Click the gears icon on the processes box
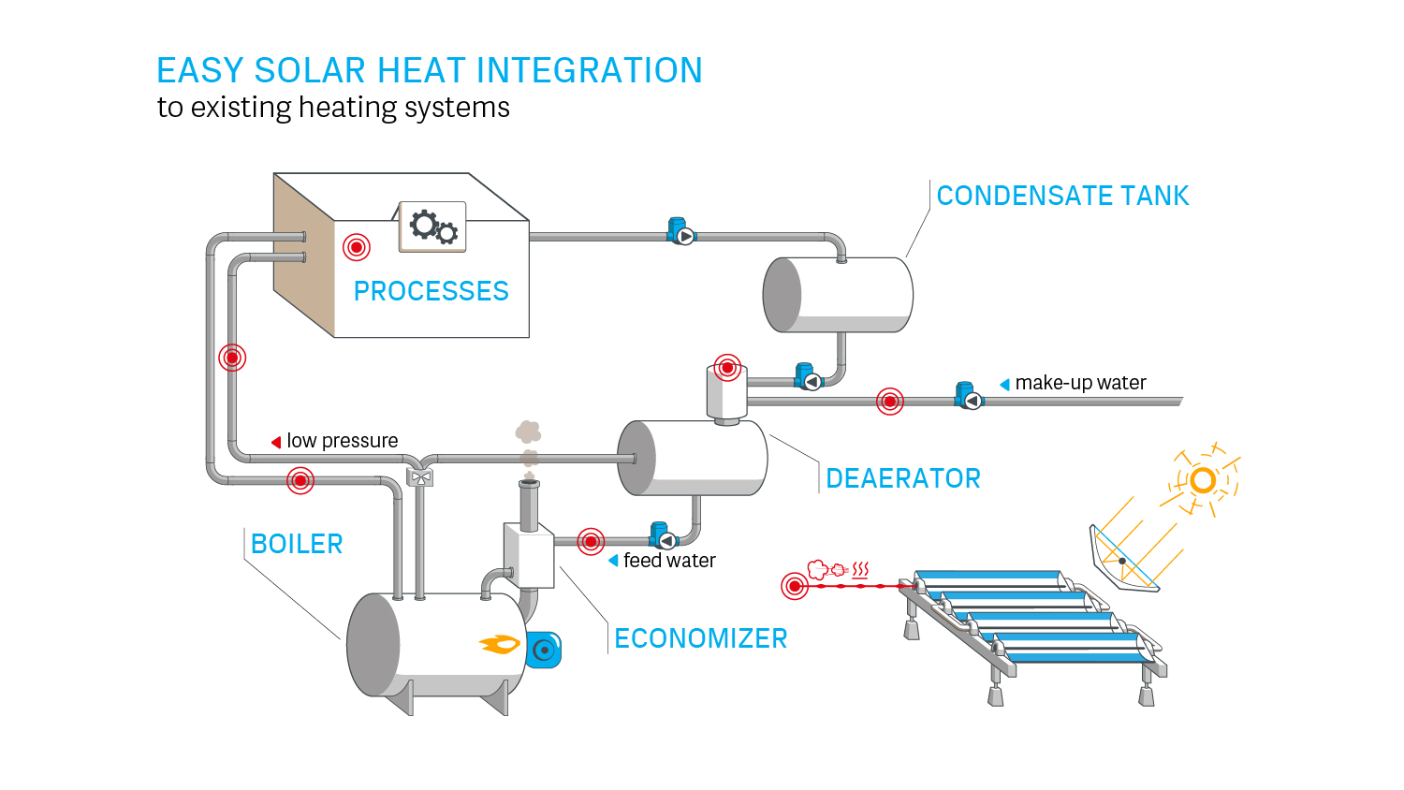click(433, 227)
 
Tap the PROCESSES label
click(431, 291)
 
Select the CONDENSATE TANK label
click(1062, 196)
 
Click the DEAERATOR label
click(902, 478)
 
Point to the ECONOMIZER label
click(700, 638)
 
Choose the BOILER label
click(297, 544)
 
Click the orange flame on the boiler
click(501, 644)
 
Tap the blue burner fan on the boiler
click(544, 650)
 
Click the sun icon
click(1203, 481)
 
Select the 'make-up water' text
click(1080, 383)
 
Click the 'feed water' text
click(669, 561)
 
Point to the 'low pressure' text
click(342, 441)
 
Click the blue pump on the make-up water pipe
click(968, 397)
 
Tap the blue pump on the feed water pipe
click(663, 536)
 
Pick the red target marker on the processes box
click(356, 247)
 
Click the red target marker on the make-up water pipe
click(890, 402)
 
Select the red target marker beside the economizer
click(591, 541)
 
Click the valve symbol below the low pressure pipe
click(421, 477)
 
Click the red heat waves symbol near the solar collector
click(861, 569)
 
